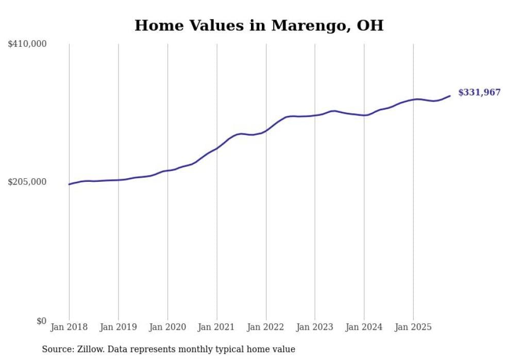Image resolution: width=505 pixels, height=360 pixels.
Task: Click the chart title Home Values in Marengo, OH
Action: (x=259, y=25)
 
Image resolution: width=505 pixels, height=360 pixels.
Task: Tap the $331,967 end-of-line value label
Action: (x=479, y=93)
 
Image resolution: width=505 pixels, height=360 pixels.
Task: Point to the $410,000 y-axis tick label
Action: (x=27, y=44)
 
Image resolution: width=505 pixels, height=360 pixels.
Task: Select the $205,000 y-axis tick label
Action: (x=27, y=182)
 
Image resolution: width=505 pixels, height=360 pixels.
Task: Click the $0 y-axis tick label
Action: (x=41, y=321)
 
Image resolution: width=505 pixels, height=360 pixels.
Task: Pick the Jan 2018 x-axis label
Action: (x=69, y=327)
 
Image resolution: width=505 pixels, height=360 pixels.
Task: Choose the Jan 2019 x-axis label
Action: (x=118, y=327)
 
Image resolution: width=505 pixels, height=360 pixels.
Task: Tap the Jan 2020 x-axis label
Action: (x=167, y=327)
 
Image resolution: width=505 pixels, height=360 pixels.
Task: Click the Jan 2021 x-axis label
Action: (x=216, y=327)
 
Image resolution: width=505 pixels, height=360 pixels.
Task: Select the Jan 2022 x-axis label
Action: (x=266, y=327)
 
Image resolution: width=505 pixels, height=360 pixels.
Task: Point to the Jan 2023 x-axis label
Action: (x=315, y=327)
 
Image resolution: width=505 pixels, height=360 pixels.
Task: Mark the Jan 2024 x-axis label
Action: (x=364, y=327)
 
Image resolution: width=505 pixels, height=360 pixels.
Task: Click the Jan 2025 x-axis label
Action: (x=413, y=327)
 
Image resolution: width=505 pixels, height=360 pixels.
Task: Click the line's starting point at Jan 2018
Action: (x=69, y=184)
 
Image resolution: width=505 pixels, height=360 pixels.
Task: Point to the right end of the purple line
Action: (x=450, y=96)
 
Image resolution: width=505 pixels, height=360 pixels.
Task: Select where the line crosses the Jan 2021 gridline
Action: (x=216, y=148)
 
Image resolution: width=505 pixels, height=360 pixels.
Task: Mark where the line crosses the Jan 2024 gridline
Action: (x=364, y=115)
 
